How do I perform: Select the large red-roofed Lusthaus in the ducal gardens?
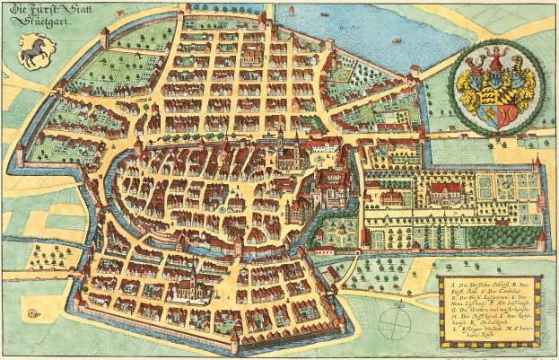[446, 191]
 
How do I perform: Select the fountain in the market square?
[221, 209]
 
